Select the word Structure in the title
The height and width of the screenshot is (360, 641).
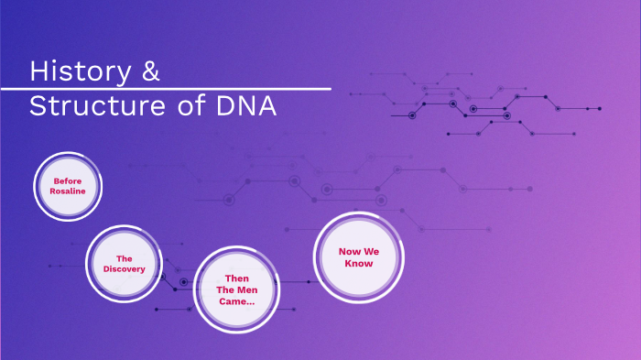(97, 106)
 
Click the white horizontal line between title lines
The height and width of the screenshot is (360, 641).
(165, 89)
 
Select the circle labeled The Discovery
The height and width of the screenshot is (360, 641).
(124, 264)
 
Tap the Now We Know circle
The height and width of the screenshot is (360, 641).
(358, 257)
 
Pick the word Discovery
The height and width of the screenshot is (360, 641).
(124, 269)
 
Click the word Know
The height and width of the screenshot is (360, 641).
(358, 264)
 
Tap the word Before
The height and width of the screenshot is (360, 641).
(68, 180)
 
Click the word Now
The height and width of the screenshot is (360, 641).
(348, 251)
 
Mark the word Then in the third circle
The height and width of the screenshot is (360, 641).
(237, 278)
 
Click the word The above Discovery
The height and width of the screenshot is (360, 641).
(124, 258)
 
